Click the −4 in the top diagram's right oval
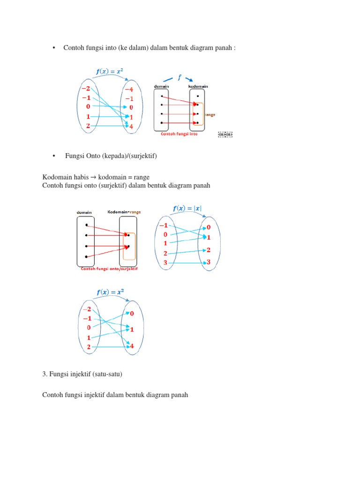click(129, 89)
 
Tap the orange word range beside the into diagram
click(210, 115)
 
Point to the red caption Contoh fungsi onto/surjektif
click(110, 269)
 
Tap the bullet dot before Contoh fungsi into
click(55, 48)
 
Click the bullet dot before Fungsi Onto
click(55, 156)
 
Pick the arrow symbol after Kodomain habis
click(93, 177)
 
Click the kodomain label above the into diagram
click(198, 86)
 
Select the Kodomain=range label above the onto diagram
click(124, 212)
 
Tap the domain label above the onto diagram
click(85, 212)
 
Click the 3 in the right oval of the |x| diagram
click(209, 262)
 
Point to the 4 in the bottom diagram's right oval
click(132, 346)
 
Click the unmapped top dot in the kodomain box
click(198, 96)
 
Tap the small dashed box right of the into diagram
click(225, 135)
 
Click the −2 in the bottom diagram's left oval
click(87, 309)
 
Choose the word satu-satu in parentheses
click(112, 375)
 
